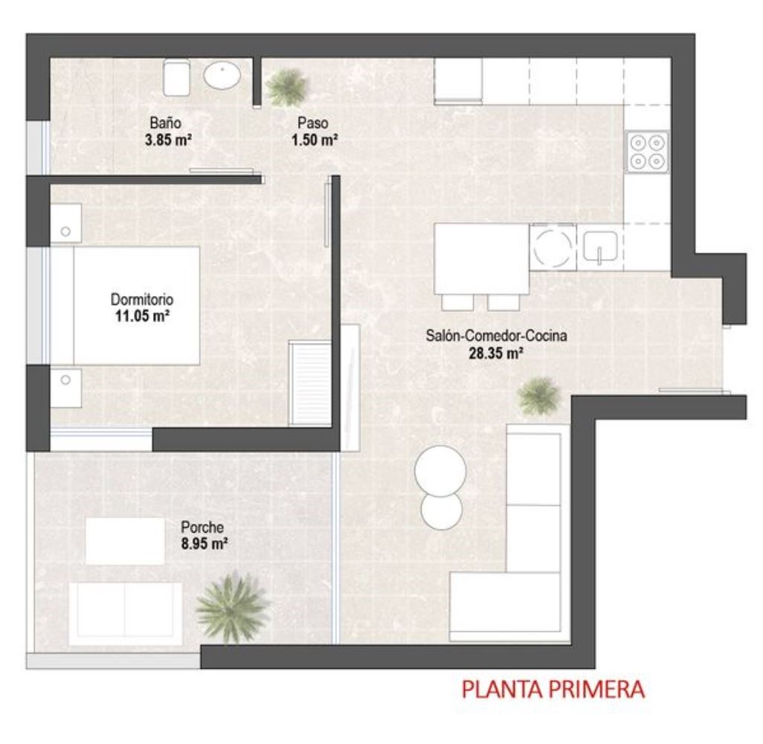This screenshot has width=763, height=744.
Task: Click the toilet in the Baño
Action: coord(176,77)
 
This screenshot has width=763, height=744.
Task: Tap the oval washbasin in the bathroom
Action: coord(222,75)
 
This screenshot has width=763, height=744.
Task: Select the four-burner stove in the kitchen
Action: coord(647,152)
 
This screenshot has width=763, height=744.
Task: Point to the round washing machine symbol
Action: coord(553,246)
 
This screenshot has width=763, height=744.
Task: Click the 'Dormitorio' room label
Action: coord(141,299)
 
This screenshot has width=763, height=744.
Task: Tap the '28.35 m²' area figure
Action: coord(496,353)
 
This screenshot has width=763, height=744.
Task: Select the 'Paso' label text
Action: coord(313,123)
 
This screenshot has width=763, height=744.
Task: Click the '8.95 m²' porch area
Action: coord(205,543)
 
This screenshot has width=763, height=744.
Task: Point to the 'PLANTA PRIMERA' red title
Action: coord(553,690)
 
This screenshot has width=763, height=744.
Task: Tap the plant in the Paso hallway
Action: coord(287,87)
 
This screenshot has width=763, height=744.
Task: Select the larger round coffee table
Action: coord(440,471)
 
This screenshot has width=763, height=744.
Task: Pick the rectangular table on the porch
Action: coord(125,541)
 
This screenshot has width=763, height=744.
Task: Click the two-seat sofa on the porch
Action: coord(126,614)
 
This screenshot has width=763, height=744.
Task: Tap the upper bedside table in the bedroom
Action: coord(65,223)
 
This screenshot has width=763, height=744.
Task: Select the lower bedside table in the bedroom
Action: coord(65,388)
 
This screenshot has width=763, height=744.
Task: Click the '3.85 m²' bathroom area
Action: coord(168,140)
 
